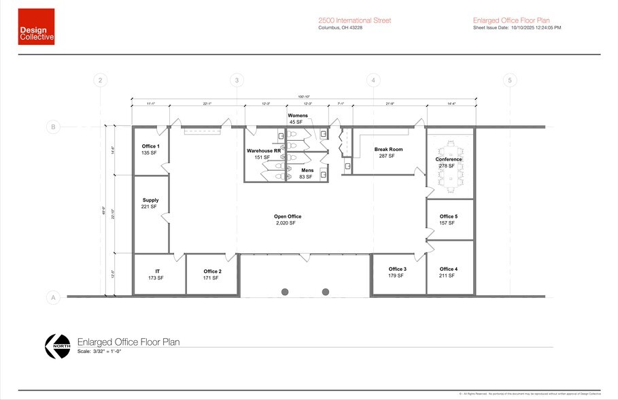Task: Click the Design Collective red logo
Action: pyautogui.click(x=36, y=27)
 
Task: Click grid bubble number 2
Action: pyautogui.click(x=101, y=80)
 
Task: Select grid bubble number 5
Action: pyautogui.click(x=509, y=80)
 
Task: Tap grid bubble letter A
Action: pyautogui.click(x=51, y=297)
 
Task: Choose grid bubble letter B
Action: pyautogui.click(x=51, y=127)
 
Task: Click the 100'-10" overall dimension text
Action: pyautogui.click(x=303, y=97)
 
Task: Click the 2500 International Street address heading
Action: pyautogui.click(x=354, y=20)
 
